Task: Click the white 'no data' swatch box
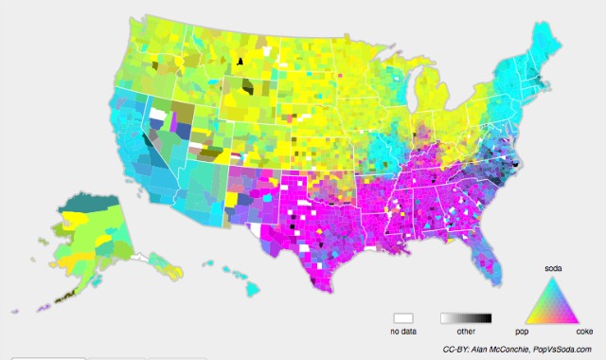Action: (x=403, y=319)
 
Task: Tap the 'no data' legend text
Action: (x=403, y=333)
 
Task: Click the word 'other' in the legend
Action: (x=467, y=333)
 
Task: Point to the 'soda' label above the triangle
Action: (x=552, y=270)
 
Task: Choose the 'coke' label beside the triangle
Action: (x=586, y=333)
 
